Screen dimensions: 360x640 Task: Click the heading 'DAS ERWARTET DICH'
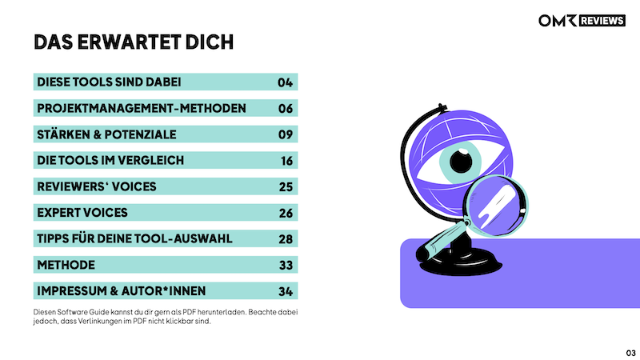tap(134, 42)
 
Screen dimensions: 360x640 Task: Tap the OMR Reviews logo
tap(581, 20)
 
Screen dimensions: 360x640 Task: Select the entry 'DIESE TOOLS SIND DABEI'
tap(109, 82)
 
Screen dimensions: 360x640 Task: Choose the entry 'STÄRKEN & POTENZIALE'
tap(106, 134)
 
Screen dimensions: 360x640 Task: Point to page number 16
tap(286, 160)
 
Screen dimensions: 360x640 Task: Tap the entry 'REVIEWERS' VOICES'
tap(97, 186)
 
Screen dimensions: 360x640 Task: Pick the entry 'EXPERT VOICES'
tap(82, 213)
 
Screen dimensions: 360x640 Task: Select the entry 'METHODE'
tap(66, 265)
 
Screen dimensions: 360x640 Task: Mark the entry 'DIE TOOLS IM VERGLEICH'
tap(110, 160)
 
